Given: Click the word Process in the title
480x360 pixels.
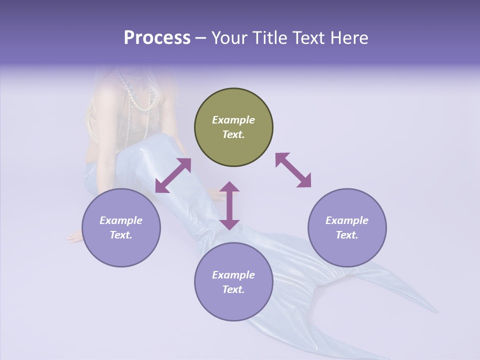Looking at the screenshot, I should (157, 38).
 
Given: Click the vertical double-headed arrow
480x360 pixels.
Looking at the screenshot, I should (230, 205).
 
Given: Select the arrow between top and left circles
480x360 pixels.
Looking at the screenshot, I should (173, 175).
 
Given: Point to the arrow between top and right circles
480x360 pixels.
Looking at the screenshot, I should (293, 170).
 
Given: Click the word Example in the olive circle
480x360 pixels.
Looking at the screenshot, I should (233, 120).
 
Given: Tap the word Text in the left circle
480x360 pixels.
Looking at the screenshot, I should (121, 235).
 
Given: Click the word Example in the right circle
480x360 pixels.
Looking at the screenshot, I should (347, 220).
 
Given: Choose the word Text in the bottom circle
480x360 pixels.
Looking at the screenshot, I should (233, 289).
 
